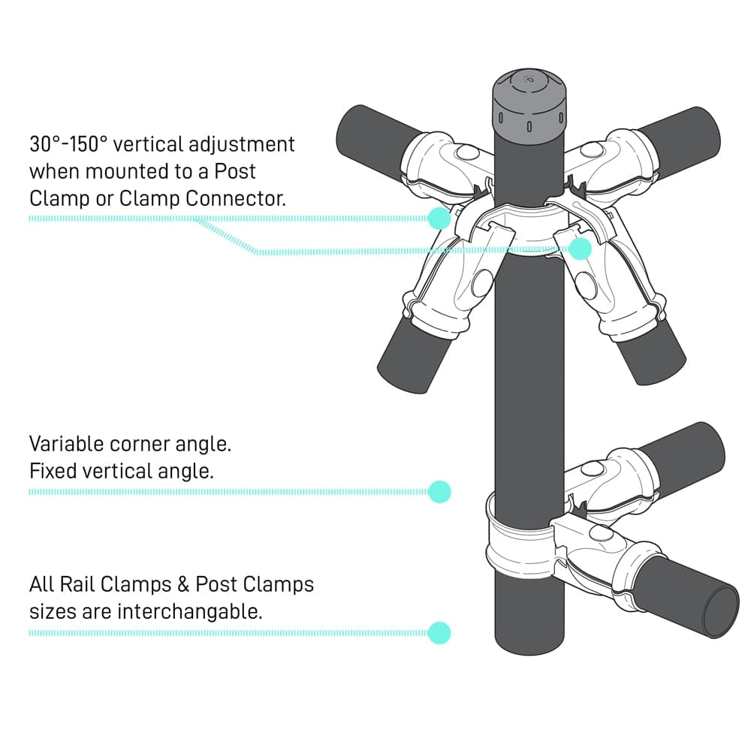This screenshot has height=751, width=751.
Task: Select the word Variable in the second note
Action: tap(66, 443)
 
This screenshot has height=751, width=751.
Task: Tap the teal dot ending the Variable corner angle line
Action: tap(439, 492)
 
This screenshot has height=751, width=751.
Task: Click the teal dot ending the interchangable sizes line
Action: tap(439, 632)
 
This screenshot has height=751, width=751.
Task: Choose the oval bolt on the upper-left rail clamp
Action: tap(468, 153)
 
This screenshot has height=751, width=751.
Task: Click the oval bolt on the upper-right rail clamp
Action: tap(590, 150)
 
